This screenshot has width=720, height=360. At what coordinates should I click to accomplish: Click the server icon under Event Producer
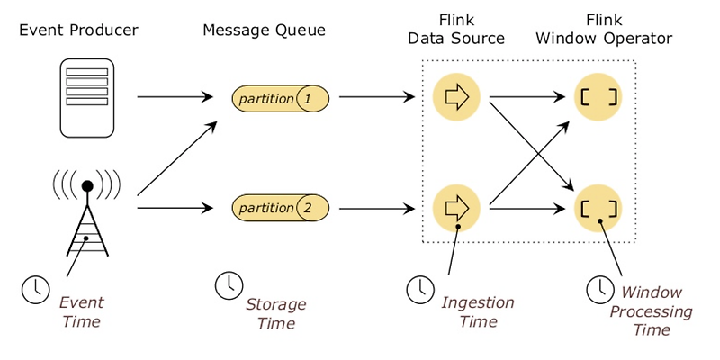pyautogui.click(x=87, y=96)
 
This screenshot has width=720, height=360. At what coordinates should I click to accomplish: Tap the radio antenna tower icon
pyautogui.click(x=87, y=216)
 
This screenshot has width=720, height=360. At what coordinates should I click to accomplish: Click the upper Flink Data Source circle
pyautogui.click(x=456, y=98)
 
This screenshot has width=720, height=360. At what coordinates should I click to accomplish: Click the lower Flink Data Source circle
pyautogui.click(x=456, y=207)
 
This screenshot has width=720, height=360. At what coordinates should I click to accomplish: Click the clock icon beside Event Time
pyautogui.click(x=35, y=290)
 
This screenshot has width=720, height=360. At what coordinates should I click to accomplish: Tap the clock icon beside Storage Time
pyautogui.click(x=229, y=284)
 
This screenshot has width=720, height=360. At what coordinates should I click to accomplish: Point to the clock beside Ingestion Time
pyautogui.click(x=419, y=289)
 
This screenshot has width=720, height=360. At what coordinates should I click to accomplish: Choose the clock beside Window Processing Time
pyautogui.click(x=598, y=289)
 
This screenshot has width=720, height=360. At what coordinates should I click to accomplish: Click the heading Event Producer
pyautogui.click(x=78, y=31)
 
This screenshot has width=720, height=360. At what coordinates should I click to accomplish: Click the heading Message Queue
pyautogui.click(x=264, y=31)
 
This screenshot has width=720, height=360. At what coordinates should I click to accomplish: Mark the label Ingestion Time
pyautogui.click(x=477, y=310)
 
